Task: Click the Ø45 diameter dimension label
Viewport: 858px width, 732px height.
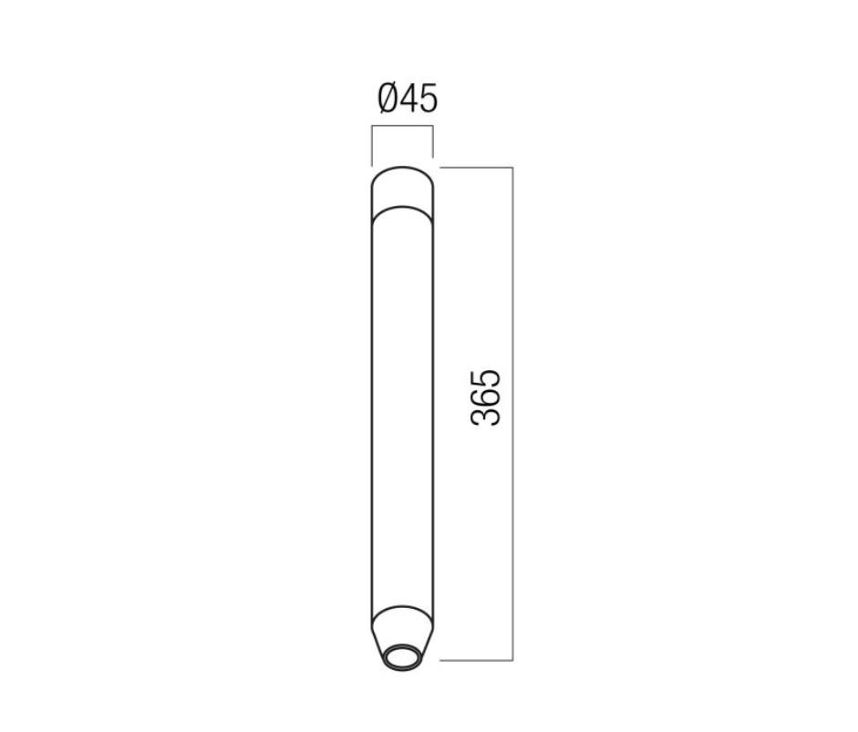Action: (408, 98)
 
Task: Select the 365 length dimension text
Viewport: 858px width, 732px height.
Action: (485, 397)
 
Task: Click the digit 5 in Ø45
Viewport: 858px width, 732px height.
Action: (429, 99)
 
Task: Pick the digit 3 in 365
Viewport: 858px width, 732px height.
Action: (485, 417)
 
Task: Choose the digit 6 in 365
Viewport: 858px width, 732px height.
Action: (485, 397)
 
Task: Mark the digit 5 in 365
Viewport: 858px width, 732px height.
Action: (485, 378)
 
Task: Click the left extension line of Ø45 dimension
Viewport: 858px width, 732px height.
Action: (372, 146)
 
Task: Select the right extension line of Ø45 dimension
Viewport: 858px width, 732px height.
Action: (433, 141)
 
